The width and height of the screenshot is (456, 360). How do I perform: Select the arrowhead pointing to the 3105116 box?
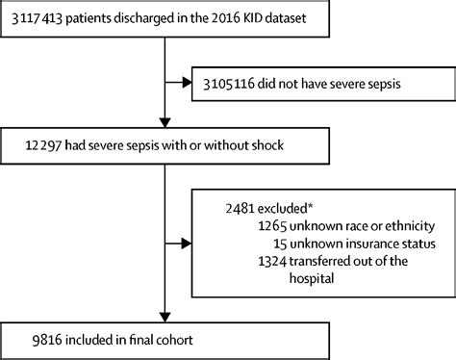click(185, 83)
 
